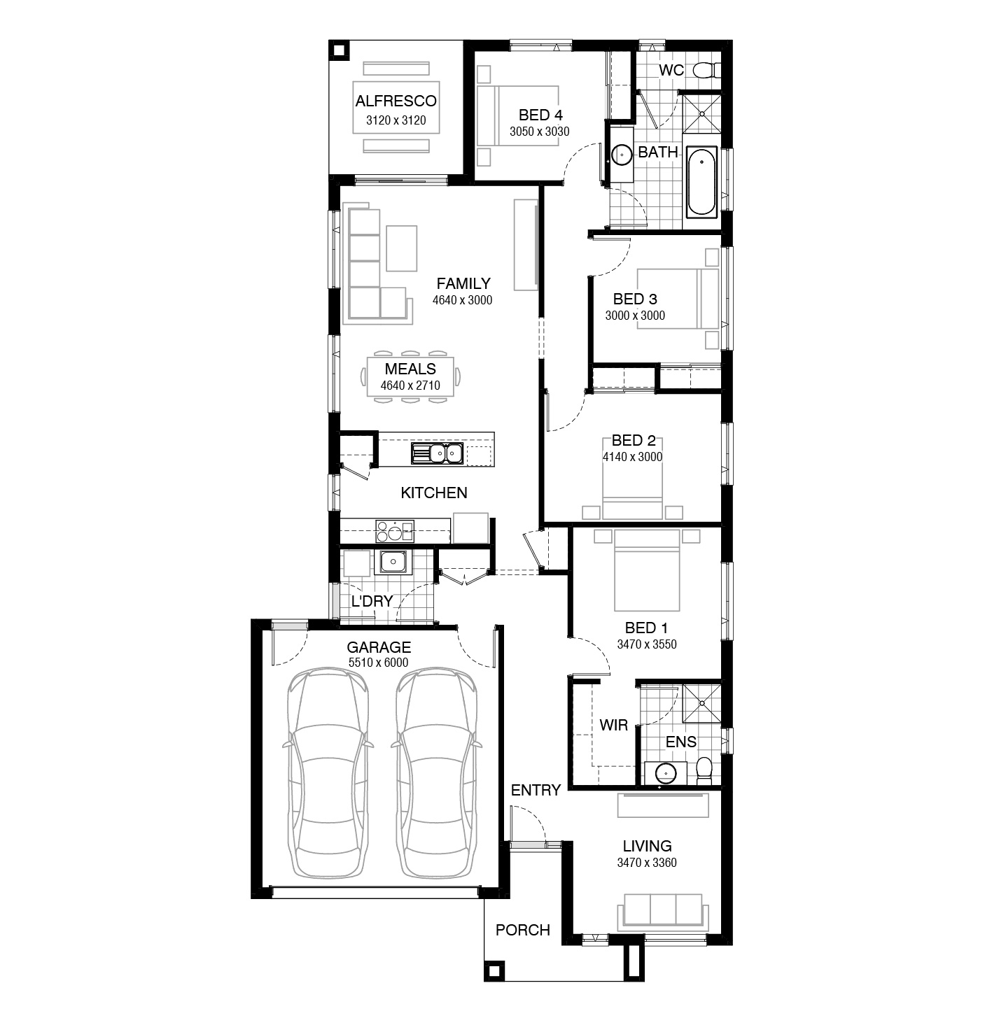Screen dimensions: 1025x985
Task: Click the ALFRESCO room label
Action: [396, 101]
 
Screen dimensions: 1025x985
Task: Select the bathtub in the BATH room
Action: [701, 181]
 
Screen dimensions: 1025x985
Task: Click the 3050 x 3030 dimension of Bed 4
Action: [539, 132]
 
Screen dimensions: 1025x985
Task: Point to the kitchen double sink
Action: [437, 453]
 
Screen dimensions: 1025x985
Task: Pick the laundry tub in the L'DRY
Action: [393, 562]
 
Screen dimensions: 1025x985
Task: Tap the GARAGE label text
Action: [379, 648]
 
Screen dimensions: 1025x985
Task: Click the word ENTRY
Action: [536, 791]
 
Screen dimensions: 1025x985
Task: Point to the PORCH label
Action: [522, 931]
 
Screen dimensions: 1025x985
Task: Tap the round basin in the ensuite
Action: [666, 773]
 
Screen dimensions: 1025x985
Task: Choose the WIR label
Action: [613, 726]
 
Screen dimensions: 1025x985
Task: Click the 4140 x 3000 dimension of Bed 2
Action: [632, 457]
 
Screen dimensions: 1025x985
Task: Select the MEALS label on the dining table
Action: [410, 369]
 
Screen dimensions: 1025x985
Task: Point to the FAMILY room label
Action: [463, 284]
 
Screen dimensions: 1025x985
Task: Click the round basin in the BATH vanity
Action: [621, 154]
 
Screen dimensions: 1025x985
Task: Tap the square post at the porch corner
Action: [494, 971]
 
